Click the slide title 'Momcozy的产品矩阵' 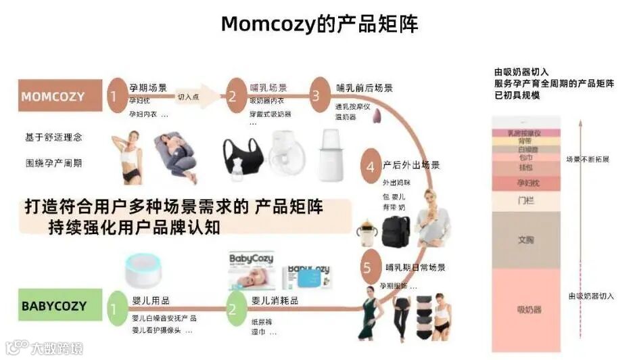(x=320, y=24)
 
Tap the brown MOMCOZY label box (x=60, y=96)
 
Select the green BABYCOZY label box (x=60, y=305)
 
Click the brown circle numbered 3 (x=315, y=96)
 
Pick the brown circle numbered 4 (x=370, y=166)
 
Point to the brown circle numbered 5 (x=367, y=267)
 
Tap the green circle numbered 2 (x=232, y=309)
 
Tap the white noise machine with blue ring (x=144, y=273)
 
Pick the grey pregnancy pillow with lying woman (x=174, y=155)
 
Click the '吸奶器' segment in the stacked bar (x=529, y=310)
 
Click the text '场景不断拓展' (x=587, y=160)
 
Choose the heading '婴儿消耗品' (x=271, y=298)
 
